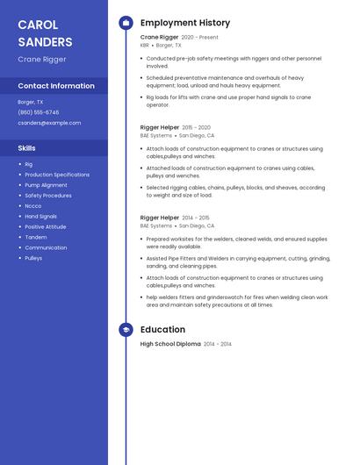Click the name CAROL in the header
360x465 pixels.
(x=38, y=24)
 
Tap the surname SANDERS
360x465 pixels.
(x=45, y=41)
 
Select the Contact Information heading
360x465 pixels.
(x=56, y=86)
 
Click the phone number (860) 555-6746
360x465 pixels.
(x=39, y=112)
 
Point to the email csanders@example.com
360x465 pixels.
(x=49, y=123)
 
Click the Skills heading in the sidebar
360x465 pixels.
(x=27, y=148)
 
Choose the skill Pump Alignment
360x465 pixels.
(x=46, y=185)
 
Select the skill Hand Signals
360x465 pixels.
(x=40, y=217)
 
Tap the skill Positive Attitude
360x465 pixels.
(x=46, y=226)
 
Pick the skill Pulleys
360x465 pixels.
(x=33, y=258)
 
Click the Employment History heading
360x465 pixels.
(x=185, y=23)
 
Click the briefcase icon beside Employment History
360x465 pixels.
(x=126, y=23)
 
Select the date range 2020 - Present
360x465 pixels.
(x=199, y=38)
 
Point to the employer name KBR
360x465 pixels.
(x=145, y=45)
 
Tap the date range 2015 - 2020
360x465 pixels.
(x=196, y=127)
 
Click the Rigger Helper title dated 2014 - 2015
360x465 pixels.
(x=158, y=218)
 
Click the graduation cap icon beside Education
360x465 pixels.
(x=126, y=330)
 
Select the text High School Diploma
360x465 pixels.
(x=170, y=344)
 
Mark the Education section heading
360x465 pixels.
(x=162, y=330)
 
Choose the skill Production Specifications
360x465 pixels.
(x=57, y=175)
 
